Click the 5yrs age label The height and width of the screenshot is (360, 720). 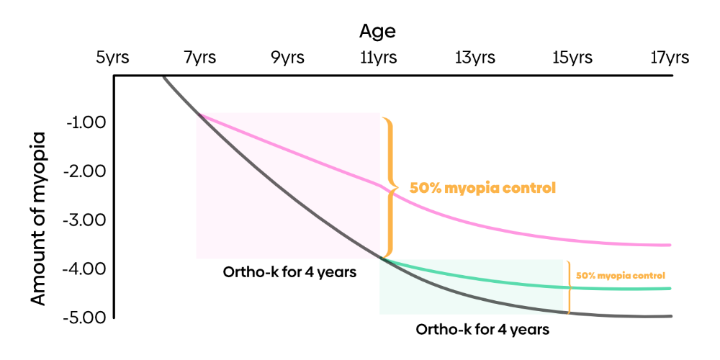(112, 58)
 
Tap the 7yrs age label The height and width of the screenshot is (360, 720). (199, 58)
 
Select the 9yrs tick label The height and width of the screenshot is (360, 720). (287, 58)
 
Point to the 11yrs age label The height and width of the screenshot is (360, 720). (379, 58)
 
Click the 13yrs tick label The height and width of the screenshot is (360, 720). (475, 58)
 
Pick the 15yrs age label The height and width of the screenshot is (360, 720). (572, 58)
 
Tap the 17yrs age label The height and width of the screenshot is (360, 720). (669, 58)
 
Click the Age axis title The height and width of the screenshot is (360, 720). (377, 32)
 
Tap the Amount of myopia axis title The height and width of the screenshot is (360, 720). (39, 219)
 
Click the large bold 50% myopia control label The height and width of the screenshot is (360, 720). (482, 189)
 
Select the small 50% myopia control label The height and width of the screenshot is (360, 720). (621, 276)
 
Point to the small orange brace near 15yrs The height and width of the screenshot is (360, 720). (570, 287)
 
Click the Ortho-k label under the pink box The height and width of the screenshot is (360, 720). (289, 272)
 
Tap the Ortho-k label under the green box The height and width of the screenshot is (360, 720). (482, 330)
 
